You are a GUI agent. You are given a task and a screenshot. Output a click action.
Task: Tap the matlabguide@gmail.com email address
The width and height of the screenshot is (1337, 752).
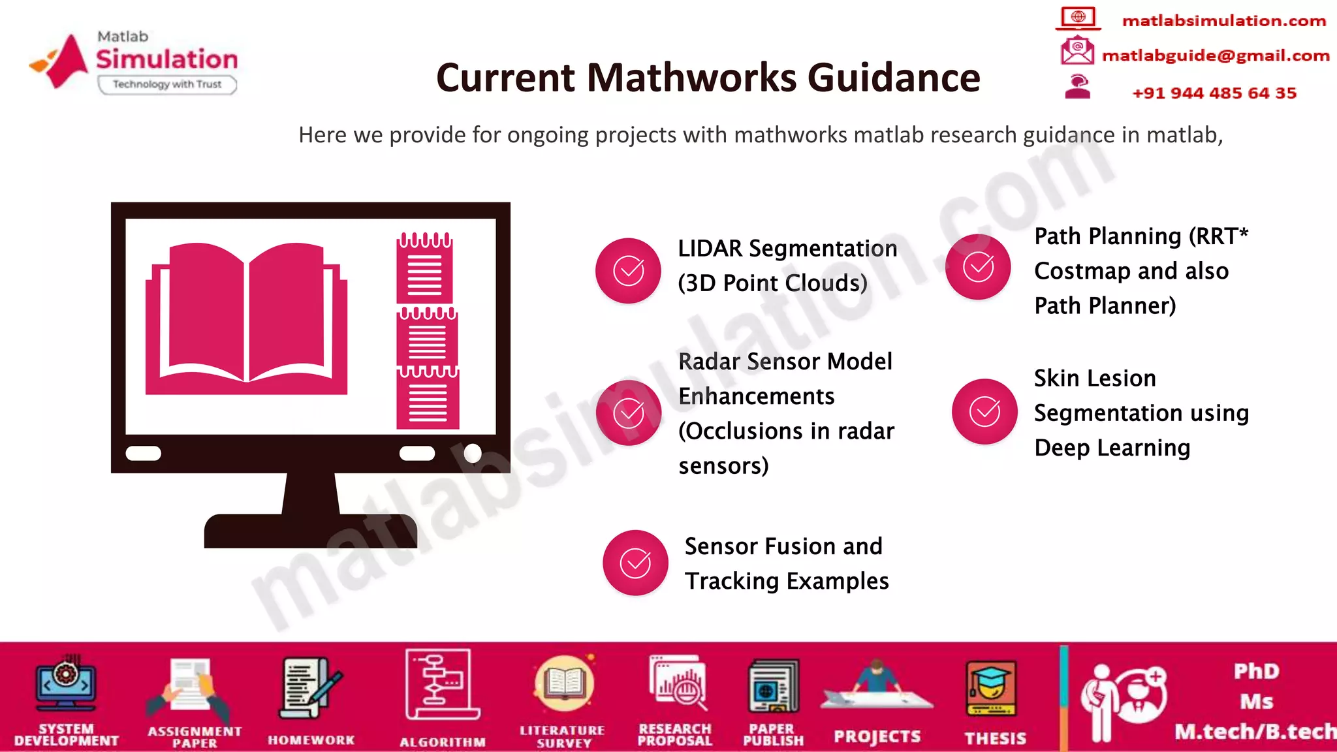[1216, 56]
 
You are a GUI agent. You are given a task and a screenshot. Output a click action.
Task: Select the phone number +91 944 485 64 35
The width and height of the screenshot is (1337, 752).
[1214, 93]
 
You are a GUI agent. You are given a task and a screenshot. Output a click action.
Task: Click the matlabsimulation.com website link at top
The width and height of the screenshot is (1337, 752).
[1223, 21]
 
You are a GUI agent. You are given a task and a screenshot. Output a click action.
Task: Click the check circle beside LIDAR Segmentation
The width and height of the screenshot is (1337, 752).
[629, 271]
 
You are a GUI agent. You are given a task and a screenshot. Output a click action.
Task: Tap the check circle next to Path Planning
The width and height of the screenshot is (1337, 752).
[978, 267]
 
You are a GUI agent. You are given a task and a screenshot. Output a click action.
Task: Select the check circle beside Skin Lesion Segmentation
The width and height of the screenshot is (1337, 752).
[984, 412]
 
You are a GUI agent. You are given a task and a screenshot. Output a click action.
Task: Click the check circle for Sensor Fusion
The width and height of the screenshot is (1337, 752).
[635, 563]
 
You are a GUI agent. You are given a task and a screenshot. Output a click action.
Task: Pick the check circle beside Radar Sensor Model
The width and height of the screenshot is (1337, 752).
[629, 413]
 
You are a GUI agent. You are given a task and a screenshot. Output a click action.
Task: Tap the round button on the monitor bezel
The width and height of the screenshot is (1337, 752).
[473, 453]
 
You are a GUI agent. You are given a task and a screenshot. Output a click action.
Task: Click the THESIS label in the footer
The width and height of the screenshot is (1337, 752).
[996, 738]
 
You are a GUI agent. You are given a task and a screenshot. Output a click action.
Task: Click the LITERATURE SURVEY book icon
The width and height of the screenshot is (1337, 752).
[563, 683]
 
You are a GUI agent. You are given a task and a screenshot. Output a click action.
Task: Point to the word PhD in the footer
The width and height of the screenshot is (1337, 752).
[1256, 671]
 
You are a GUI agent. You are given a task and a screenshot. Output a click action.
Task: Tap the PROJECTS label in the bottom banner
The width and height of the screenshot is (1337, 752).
[877, 737]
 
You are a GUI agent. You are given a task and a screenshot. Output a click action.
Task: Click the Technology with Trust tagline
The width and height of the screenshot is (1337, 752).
[167, 84]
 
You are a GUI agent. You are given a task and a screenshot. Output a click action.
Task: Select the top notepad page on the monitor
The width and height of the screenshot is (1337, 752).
[424, 269]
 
